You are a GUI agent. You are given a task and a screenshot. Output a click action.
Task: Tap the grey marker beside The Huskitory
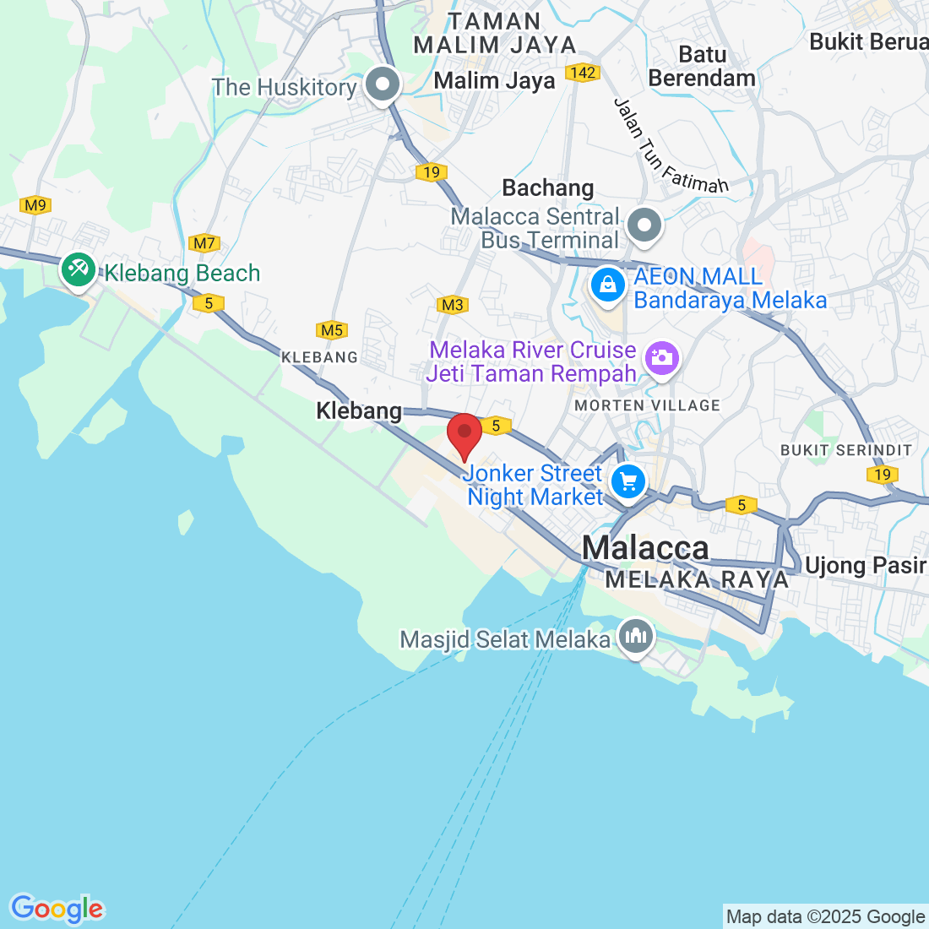tap(383, 86)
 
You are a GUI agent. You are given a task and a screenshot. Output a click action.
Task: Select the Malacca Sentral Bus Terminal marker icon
tap(645, 226)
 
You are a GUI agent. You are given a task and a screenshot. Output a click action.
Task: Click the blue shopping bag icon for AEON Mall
tap(608, 285)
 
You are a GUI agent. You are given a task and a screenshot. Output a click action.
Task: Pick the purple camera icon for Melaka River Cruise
tap(661, 358)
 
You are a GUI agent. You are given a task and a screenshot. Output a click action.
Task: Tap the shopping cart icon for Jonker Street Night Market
tap(627, 483)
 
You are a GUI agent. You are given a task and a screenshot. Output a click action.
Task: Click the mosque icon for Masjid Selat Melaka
tap(634, 635)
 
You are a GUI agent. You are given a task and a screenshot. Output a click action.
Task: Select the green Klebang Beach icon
tap(78, 270)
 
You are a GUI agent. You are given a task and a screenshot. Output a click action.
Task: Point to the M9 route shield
tap(35, 205)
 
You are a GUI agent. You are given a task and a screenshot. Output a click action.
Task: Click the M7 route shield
tap(204, 244)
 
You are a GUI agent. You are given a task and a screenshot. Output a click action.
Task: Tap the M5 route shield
tap(332, 330)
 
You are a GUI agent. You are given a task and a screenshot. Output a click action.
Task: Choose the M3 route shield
tap(453, 305)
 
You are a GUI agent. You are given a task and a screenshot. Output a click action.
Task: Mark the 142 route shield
tap(583, 73)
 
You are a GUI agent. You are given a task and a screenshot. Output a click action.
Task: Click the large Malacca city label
tap(645, 548)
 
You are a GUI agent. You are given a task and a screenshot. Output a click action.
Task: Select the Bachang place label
tap(548, 187)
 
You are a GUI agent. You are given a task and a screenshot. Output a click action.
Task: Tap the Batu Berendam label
tap(702, 66)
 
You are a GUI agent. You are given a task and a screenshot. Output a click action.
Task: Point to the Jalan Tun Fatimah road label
tap(671, 147)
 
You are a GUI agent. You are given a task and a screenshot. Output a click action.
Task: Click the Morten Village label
tap(647, 405)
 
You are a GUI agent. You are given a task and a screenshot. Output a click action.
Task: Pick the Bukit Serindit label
tap(846, 450)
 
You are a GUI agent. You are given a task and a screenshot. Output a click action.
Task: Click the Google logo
tap(57, 909)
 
